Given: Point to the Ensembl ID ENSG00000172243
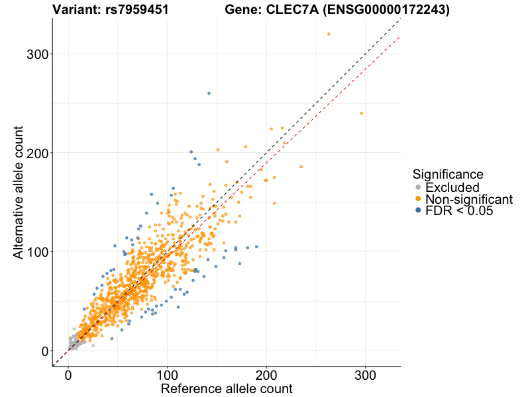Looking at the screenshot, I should [x=385, y=10].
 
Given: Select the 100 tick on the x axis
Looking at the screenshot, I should [x=168, y=375].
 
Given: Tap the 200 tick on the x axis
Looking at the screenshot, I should [x=266, y=375].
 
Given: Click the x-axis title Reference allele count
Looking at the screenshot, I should [x=227, y=388].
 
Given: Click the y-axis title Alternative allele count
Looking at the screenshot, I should [x=20, y=192].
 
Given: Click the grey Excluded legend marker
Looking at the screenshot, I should [x=417, y=187].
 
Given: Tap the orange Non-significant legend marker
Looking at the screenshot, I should [x=417, y=199].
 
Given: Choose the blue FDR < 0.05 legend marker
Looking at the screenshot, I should [x=417, y=210].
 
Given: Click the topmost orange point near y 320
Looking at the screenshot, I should [x=329, y=34].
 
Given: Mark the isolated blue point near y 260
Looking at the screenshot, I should [x=209, y=93].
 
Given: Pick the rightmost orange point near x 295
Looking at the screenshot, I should [x=361, y=113].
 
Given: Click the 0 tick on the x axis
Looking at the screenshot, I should [x=68, y=375].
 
